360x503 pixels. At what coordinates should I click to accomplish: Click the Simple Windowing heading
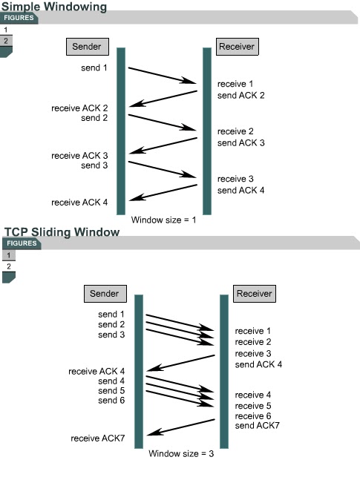click(53, 7)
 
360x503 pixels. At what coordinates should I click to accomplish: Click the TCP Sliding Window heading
click(62, 232)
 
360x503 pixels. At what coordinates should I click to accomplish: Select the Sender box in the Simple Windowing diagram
click(88, 47)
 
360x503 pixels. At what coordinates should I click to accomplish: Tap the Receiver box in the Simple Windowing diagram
click(237, 47)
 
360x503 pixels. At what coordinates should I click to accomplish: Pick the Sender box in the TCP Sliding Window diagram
click(104, 293)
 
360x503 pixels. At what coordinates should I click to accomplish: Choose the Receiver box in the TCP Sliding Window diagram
click(254, 293)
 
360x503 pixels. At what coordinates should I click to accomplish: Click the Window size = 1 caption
click(164, 220)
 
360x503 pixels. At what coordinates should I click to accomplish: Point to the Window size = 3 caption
click(181, 453)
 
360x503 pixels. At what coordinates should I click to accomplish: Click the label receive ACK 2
click(79, 108)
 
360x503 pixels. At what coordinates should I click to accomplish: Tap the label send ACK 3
click(240, 142)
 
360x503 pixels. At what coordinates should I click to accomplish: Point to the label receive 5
click(253, 406)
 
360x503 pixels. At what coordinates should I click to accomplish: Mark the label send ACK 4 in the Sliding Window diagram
click(258, 364)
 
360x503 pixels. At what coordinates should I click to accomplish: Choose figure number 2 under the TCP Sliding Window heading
click(9, 266)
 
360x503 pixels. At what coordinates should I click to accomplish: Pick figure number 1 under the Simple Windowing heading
click(6, 30)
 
